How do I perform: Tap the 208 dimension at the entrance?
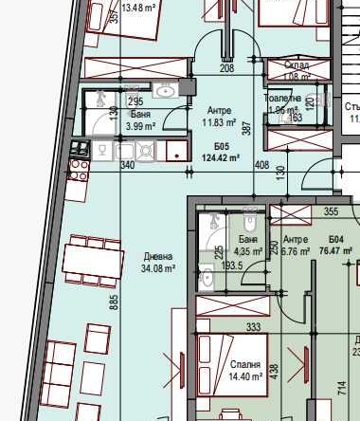(226, 68)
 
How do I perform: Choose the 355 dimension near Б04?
(332, 212)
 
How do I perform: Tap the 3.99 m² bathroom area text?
(141, 126)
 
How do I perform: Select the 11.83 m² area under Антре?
(219, 121)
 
